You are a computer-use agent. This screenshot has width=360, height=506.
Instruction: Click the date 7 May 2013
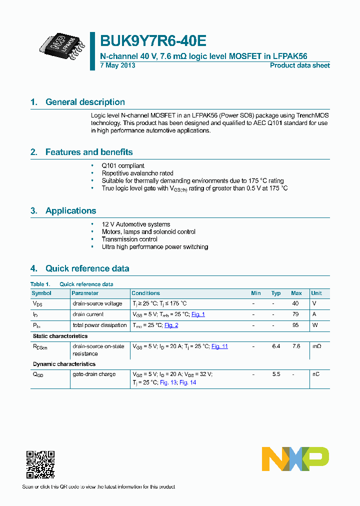[x=117, y=65]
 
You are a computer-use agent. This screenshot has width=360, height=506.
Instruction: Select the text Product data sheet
[x=299, y=65]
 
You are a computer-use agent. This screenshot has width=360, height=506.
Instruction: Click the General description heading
[x=85, y=102]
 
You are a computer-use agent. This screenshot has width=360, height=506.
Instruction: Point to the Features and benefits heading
[x=89, y=152]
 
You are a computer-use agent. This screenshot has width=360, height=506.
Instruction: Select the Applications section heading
[x=70, y=210]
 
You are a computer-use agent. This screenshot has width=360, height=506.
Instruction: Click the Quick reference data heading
[x=87, y=268]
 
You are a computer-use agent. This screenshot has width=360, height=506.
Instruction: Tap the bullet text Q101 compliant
[x=123, y=165]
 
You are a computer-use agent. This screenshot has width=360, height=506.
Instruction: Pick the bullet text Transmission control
[x=129, y=239]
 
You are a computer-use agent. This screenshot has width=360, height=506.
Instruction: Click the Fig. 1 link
[x=198, y=314]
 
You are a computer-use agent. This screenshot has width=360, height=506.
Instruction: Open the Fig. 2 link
[x=171, y=325]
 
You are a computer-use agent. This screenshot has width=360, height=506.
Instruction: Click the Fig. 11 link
[x=219, y=346]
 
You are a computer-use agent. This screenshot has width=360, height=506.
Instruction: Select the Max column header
[x=296, y=293]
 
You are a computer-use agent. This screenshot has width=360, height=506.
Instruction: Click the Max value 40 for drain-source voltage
[x=295, y=303]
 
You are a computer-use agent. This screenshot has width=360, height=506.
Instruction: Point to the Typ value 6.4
[x=276, y=346]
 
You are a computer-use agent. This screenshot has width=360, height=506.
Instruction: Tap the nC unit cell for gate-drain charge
[x=315, y=374]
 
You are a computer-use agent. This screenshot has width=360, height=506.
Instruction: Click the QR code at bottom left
[x=40, y=464]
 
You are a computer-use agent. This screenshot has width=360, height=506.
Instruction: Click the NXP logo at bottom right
[x=295, y=459]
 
